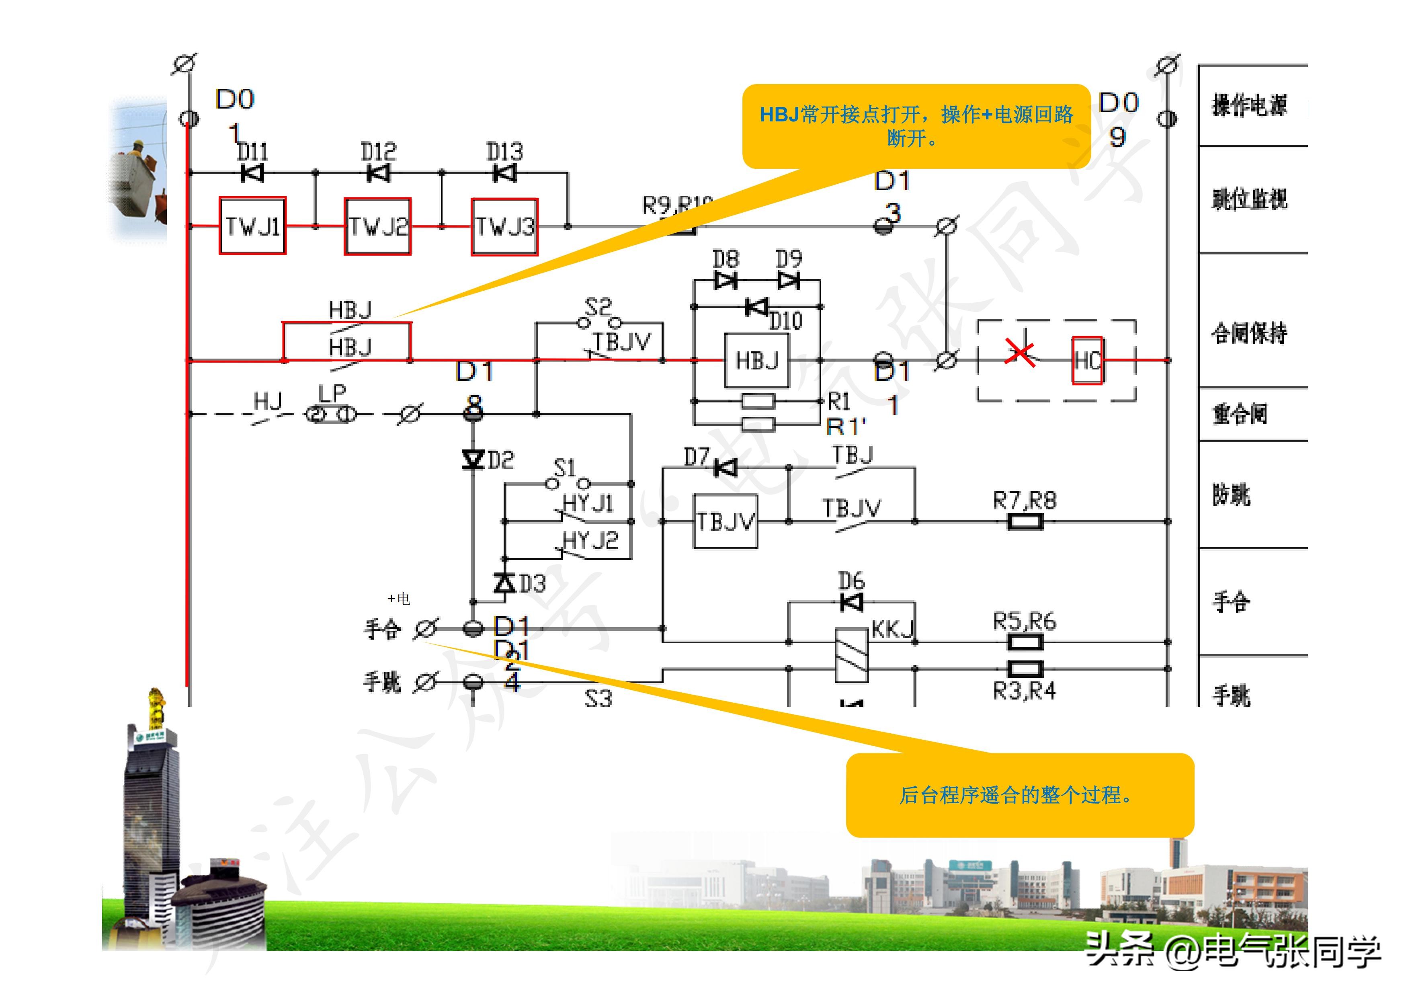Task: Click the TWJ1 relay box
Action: (x=252, y=226)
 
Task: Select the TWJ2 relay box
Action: (x=378, y=226)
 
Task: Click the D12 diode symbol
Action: (x=378, y=173)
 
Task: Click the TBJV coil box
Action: (x=725, y=521)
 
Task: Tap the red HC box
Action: (x=1087, y=361)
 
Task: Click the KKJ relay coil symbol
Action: (x=852, y=655)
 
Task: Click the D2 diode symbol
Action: (x=473, y=459)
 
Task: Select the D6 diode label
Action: (x=851, y=580)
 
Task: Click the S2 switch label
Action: (x=598, y=306)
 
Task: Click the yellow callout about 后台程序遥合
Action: (x=1019, y=795)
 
